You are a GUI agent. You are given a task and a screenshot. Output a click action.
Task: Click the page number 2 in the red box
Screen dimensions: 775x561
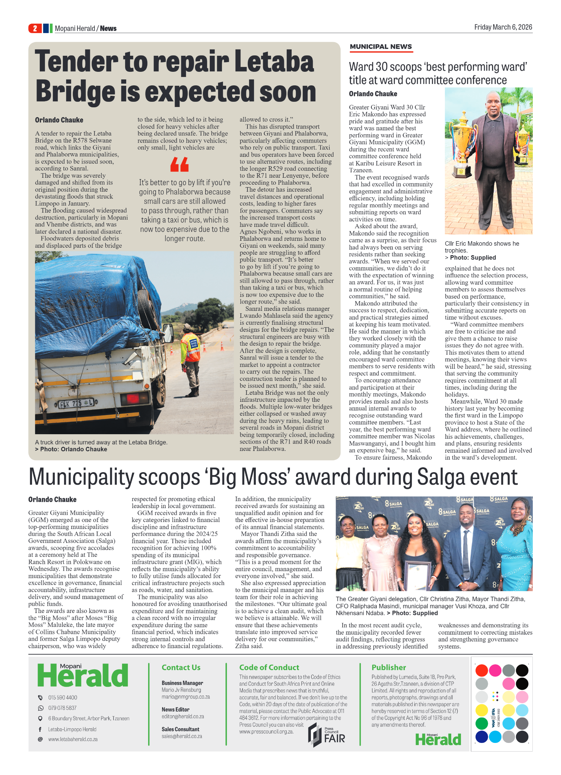(35, 28)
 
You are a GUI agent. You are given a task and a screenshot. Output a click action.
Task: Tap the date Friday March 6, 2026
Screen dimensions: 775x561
(503, 27)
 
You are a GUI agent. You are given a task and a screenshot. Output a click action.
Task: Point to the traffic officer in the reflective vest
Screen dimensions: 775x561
(191, 359)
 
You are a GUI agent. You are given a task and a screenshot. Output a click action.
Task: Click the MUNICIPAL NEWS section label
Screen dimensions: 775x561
(381, 47)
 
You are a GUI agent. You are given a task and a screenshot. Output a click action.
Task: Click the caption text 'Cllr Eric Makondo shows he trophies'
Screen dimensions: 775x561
(482, 247)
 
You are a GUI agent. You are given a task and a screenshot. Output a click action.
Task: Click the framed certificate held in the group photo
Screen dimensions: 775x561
(417, 574)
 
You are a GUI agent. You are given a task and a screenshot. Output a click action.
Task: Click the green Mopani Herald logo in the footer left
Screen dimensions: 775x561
(83, 675)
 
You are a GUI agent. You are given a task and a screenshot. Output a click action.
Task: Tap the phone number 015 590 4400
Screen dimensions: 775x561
(63, 697)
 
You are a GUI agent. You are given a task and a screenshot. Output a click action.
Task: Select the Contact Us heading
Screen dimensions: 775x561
(181, 667)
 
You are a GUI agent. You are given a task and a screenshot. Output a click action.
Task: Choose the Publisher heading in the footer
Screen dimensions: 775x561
(389, 667)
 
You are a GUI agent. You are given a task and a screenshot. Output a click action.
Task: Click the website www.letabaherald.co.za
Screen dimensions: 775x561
(73, 739)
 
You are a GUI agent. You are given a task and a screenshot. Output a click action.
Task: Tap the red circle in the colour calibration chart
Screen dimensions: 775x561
(482, 670)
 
